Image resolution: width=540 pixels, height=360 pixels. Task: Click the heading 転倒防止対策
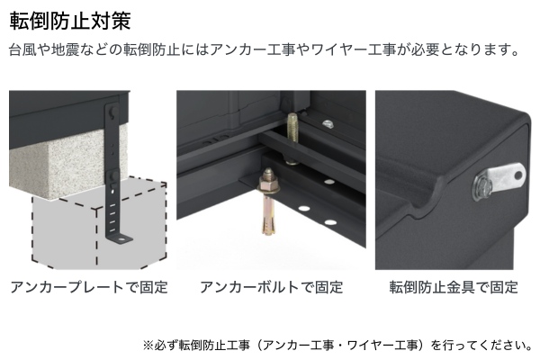[70, 21]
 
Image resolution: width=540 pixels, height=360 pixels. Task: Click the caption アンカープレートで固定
[89, 287]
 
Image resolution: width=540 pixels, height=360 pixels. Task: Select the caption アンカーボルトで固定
[272, 287]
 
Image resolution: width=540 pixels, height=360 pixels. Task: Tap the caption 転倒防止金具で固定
[454, 287]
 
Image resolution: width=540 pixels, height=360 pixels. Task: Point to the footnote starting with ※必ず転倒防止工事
[337, 345]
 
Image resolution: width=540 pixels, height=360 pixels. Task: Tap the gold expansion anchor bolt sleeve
[268, 212]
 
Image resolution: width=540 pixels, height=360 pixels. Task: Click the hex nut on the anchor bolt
[269, 186]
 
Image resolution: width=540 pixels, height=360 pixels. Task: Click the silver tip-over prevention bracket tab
[505, 176]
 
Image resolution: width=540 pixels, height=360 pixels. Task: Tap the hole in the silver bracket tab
[517, 175]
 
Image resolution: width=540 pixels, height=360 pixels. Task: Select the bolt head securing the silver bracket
[481, 189]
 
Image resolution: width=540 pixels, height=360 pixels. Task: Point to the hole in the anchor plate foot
[121, 238]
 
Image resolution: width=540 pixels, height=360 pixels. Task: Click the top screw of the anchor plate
[112, 111]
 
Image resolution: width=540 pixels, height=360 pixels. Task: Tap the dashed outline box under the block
[99, 224]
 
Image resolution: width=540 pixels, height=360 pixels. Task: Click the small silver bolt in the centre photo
[328, 123]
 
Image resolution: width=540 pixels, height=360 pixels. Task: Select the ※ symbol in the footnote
[148, 345]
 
